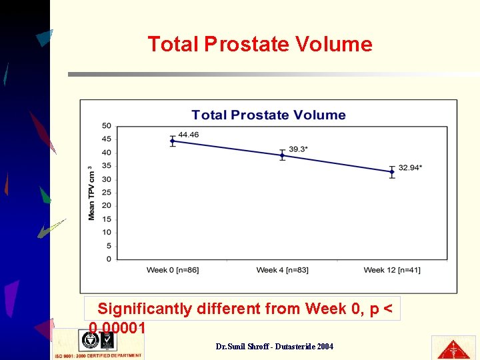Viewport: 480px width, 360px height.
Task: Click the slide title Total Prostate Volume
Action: click(x=259, y=45)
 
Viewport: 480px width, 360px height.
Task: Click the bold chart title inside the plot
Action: click(x=269, y=115)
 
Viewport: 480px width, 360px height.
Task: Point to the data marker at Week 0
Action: click(x=173, y=141)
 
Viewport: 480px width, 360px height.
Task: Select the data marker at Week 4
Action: click(x=282, y=155)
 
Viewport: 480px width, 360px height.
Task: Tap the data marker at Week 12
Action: click(x=392, y=171)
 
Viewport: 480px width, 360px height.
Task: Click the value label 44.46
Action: click(x=189, y=135)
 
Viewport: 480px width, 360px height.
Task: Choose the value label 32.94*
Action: click(x=410, y=167)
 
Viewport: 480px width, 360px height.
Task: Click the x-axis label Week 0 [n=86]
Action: click(x=173, y=270)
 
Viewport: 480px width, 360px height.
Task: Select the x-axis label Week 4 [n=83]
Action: click(x=282, y=270)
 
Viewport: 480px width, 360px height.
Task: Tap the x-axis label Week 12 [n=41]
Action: click(x=392, y=270)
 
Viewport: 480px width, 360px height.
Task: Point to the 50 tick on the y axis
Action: click(x=107, y=126)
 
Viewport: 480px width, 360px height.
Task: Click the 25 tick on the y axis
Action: click(x=107, y=193)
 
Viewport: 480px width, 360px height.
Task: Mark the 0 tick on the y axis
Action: click(x=109, y=259)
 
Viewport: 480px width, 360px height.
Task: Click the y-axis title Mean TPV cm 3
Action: click(x=91, y=193)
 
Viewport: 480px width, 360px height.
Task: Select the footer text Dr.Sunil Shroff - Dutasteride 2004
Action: click(x=275, y=347)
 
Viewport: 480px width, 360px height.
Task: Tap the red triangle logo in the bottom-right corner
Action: click(x=453, y=347)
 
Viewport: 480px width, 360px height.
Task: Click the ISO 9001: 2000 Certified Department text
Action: click(x=97, y=356)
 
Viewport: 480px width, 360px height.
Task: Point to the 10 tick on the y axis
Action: click(x=107, y=233)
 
